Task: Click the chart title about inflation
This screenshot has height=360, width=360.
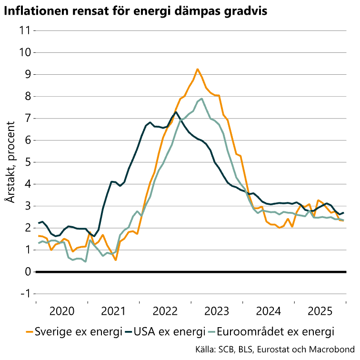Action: (x=135, y=11)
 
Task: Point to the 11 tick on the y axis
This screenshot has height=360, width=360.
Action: (x=24, y=30)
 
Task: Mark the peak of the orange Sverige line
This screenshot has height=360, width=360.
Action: (x=197, y=69)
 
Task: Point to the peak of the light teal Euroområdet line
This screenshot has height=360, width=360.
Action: (x=202, y=99)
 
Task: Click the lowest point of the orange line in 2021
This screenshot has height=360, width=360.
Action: (x=116, y=260)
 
